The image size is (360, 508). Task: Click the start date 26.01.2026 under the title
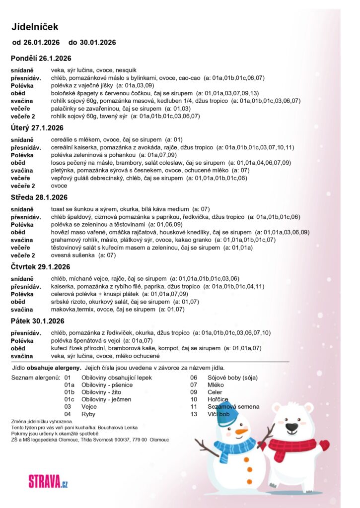click(x=42, y=43)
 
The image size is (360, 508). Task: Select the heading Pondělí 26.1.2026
click(x=41, y=58)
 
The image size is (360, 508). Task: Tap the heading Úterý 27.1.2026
click(x=37, y=127)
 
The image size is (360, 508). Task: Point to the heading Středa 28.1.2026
click(x=40, y=197)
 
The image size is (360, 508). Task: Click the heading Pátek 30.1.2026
click(x=38, y=321)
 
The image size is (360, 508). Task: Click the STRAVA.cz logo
click(x=48, y=480)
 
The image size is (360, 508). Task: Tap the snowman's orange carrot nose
click(x=241, y=431)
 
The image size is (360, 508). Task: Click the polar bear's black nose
click(x=292, y=426)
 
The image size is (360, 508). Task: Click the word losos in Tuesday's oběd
click(x=58, y=162)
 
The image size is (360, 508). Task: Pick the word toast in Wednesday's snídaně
click(x=58, y=209)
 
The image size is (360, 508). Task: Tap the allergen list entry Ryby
click(x=88, y=414)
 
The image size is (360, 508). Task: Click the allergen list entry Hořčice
click(x=218, y=399)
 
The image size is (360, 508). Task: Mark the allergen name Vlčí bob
click(x=219, y=414)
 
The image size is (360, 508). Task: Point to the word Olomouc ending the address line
click(x=159, y=440)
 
